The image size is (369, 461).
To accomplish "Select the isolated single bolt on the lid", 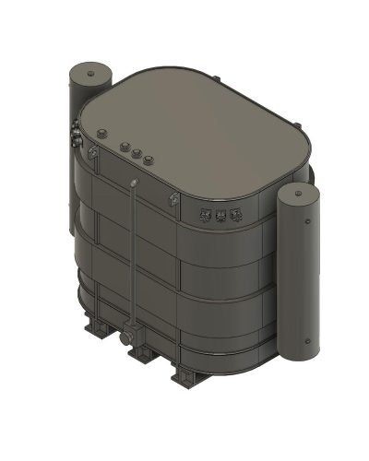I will (x=97, y=135).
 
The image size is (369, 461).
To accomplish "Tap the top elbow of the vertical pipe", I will (x=135, y=185).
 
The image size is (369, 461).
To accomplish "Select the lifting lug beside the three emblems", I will (x=172, y=200).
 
